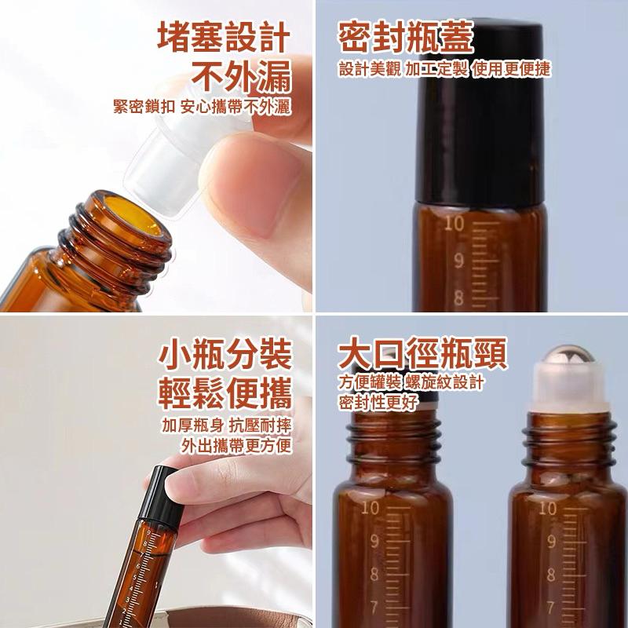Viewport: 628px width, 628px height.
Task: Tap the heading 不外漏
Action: [x=243, y=78]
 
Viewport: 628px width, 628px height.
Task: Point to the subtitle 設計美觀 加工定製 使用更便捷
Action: [x=445, y=69]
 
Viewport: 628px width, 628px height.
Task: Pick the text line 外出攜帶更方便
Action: [x=235, y=447]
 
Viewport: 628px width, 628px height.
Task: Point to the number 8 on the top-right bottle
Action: [x=458, y=298]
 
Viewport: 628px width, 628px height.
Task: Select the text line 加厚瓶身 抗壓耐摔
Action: [x=225, y=425]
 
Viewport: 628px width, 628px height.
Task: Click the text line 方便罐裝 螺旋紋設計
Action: [x=411, y=382]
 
